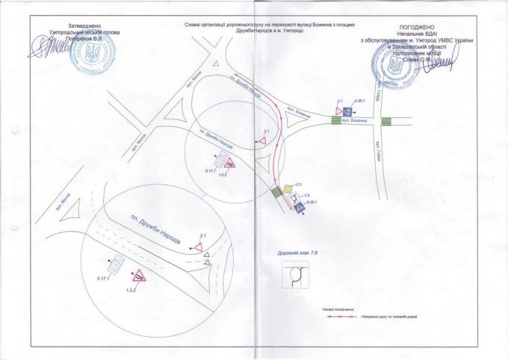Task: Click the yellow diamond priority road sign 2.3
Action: click(x=288, y=188)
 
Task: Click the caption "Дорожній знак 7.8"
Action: click(x=297, y=254)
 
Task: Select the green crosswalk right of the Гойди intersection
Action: click(x=386, y=121)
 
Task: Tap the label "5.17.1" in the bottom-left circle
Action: click(x=105, y=279)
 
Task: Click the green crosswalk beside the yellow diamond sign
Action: click(x=278, y=193)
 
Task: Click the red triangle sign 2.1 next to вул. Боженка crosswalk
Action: click(x=339, y=110)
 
